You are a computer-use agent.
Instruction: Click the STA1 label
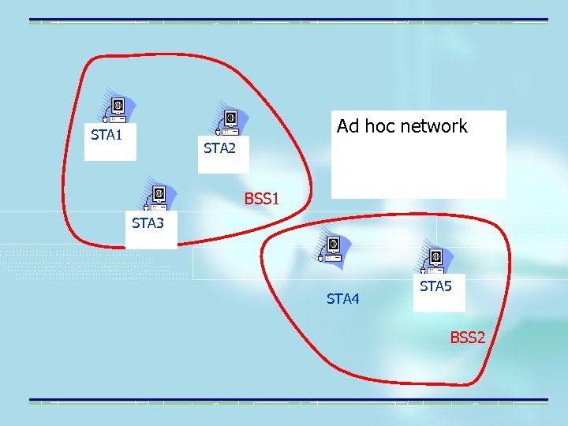coord(106,134)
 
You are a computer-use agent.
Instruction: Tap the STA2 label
coord(219,148)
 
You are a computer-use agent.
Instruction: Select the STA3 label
coord(148,223)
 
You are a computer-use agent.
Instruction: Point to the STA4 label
coord(343,298)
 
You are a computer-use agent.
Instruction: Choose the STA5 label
coord(435,286)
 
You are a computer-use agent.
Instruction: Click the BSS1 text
coord(262,198)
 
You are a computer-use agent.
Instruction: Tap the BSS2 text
coord(468,338)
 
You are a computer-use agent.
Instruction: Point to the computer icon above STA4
coord(331,247)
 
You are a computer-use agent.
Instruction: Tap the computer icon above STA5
coord(434,259)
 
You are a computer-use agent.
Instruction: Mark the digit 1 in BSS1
coord(275,198)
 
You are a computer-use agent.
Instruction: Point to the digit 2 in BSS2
coord(480,338)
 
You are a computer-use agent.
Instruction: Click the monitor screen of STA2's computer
coord(230,118)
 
